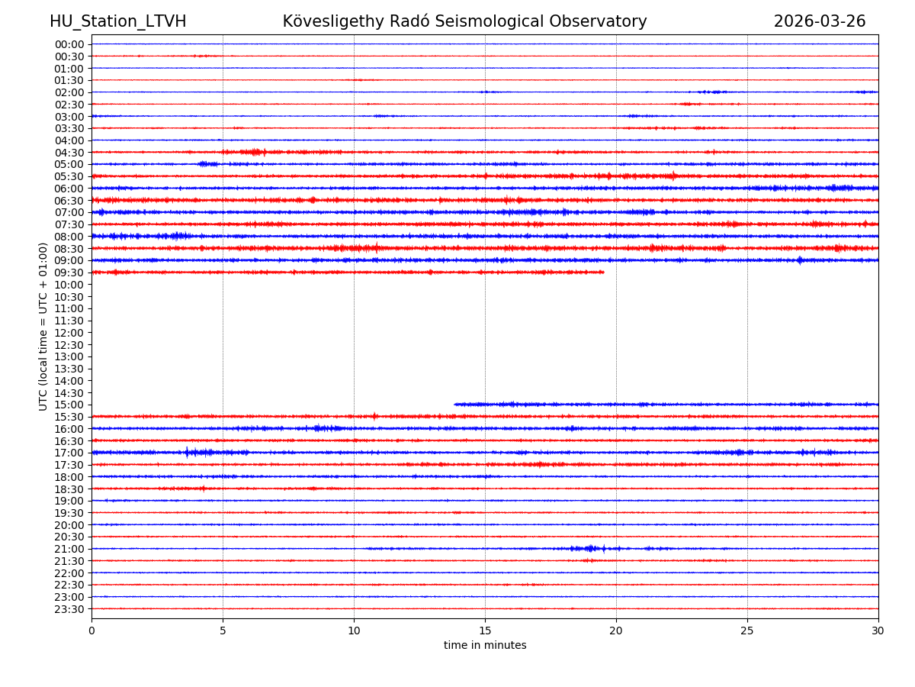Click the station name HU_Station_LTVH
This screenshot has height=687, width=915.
click(117, 21)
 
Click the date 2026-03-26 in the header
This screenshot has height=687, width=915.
click(820, 21)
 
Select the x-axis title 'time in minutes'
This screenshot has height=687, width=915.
click(485, 646)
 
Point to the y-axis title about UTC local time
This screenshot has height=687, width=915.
click(43, 326)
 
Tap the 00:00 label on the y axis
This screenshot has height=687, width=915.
click(69, 44)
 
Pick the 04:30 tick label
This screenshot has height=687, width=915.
click(69, 153)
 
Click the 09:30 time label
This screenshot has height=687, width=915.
click(69, 273)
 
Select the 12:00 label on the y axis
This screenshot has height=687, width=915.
click(69, 333)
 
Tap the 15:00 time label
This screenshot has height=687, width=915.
click(69, 405)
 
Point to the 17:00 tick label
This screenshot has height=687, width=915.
click(69, 453)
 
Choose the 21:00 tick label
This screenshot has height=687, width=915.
click(69, 549)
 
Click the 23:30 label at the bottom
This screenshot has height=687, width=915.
click(69, 609)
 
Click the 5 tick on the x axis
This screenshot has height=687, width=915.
click(223, 631)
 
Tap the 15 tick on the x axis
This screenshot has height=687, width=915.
click(485, 631)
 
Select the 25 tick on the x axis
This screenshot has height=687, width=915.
click(747, 631)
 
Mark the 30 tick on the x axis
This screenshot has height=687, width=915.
click(878, 631)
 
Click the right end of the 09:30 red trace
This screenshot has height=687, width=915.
click(604, 272)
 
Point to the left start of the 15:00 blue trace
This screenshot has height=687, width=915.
click(454, 404)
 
